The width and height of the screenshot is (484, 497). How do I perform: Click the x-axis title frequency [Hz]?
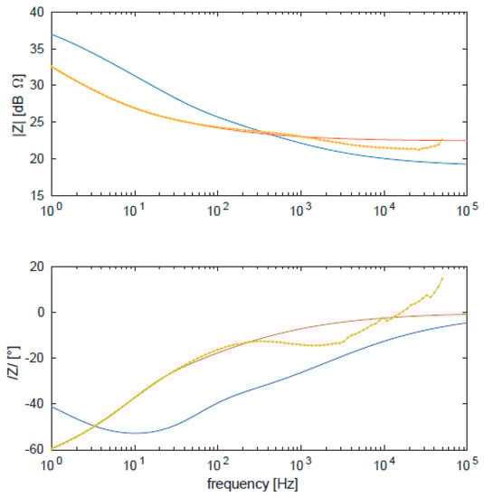[x=259, y=485]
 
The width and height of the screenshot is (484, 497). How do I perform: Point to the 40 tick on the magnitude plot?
[x=36, y=13]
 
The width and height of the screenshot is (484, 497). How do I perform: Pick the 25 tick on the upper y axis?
[x=36, y=123]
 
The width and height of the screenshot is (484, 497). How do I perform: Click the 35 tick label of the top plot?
[x=36, y=49]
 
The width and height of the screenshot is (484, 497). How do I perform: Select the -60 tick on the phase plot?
[x=33, y=448]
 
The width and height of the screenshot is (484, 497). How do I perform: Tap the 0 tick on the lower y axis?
[x=40, y=312]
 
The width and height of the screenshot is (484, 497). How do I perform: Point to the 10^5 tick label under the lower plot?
[x=466, y=464]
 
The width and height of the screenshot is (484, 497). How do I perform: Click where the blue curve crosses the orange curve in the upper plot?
[x=265, y=133]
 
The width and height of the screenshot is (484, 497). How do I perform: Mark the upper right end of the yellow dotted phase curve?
[x=441, y=278]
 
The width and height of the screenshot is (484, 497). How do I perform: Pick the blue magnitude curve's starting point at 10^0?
[x=52, y=34]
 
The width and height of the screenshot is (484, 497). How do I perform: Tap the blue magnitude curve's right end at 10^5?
[x=466, y=164]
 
